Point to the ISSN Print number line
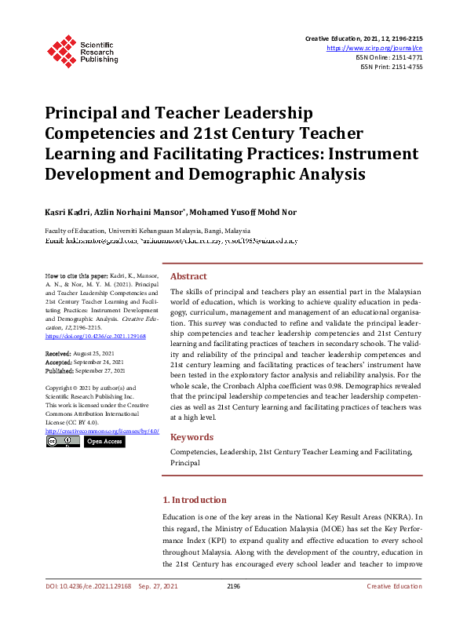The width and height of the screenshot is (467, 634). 392,67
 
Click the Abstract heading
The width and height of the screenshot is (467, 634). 188,276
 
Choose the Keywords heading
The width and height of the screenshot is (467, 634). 192,436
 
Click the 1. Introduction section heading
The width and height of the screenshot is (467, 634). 194,500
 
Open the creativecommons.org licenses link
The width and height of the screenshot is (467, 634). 102,431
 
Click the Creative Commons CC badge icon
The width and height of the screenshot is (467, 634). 62,442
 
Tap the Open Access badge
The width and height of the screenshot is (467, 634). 104,442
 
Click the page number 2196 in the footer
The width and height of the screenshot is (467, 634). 233,586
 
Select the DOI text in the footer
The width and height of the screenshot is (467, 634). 88,586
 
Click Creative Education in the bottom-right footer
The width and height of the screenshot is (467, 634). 395,586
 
